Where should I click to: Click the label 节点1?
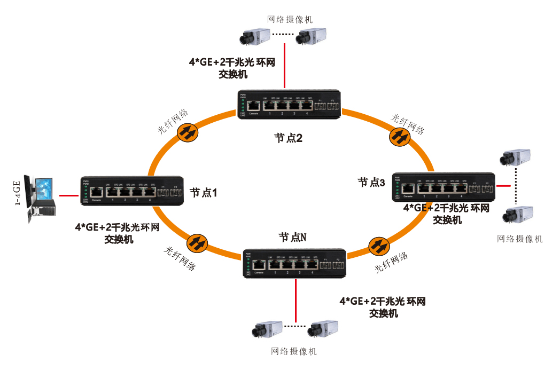coord(203,193)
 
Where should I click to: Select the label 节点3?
coord(371,183)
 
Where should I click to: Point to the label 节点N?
coord(292,236)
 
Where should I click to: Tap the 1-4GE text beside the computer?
coord(18,195)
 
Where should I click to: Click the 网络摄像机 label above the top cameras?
coord(290,20)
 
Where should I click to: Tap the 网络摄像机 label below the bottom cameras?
coord(294,351)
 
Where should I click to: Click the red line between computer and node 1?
coord(68,196)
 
